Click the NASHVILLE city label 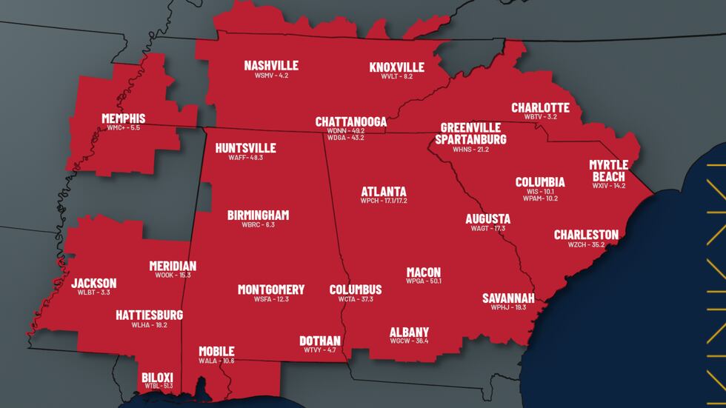271,66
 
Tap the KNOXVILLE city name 396,67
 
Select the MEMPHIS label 123,118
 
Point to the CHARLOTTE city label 540,107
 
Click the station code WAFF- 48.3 245,158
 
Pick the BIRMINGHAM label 258,215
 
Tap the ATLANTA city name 384,191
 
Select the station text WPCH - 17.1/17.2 384,201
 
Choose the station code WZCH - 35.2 586,244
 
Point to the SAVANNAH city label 509,298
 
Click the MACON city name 423,272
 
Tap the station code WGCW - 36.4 409,341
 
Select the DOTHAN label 319,340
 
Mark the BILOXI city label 157,376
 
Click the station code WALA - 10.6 216,361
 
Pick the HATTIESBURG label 149,315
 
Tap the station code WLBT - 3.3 93,292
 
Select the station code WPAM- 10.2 540,198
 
